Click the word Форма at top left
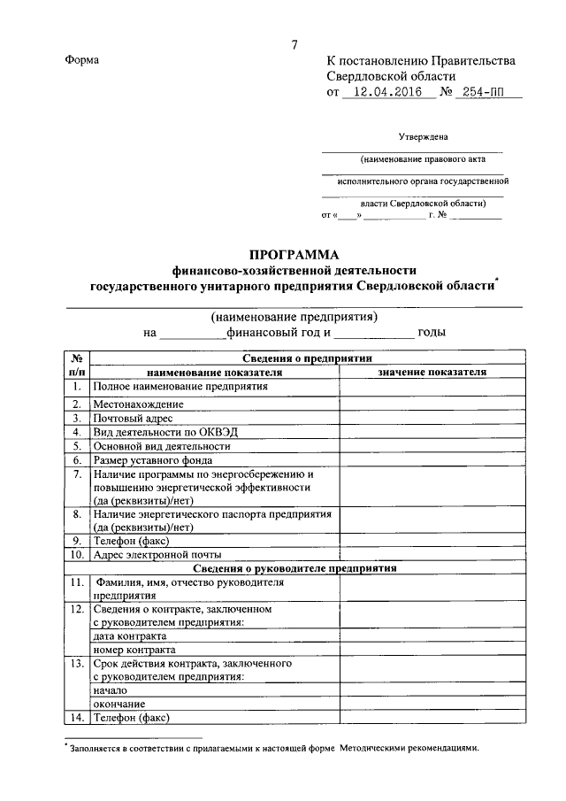click(82, 59)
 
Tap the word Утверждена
click(423, 137)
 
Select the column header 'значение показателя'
click(432, 373)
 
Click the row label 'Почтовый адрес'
click(134, 418)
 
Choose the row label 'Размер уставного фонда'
click(153, 460)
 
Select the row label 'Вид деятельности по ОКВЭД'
click(165, 432)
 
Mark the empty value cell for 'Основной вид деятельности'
click(432, 446)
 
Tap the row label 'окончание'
click(120, 704)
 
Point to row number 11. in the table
click(77, 582)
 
